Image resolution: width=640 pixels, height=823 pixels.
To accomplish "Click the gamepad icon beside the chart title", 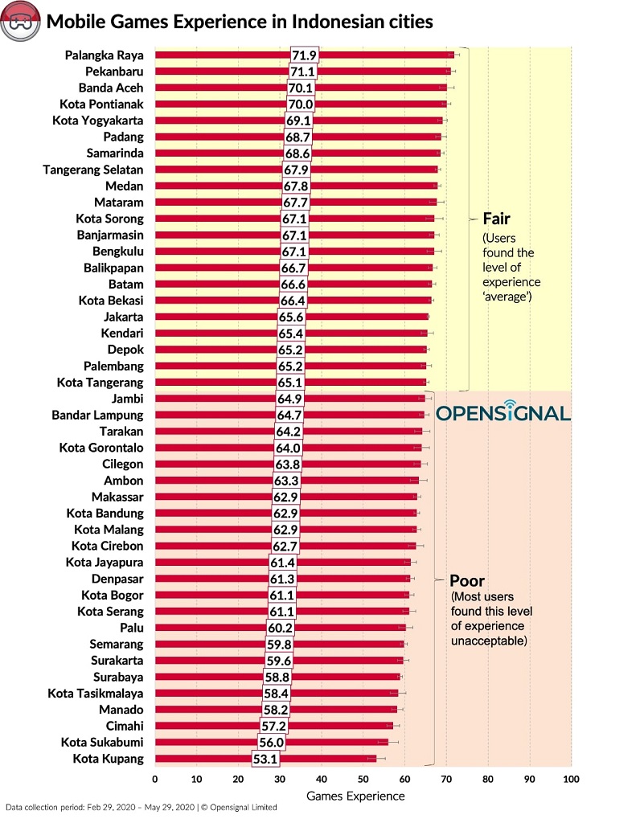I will click(18, 22).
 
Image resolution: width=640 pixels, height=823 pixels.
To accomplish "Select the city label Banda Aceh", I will click(111, 88).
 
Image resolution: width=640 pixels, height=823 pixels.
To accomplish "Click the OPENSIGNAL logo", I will click(503, 414).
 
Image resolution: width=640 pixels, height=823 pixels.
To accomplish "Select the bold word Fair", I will click(496, 218).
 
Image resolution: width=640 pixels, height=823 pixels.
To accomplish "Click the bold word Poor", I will click(466, 580).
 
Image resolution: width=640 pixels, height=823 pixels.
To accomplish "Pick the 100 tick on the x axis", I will click(571, 779).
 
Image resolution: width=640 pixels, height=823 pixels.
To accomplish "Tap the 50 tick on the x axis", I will click(363, 779).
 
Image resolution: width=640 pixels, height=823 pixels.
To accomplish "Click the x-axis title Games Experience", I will click(355, 796).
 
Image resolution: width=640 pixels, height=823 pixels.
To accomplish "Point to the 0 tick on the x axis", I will click(154, 779).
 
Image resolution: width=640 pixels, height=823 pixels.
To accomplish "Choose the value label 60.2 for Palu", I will click(279, 628).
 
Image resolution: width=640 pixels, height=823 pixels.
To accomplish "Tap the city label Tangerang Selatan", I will click(93, 170).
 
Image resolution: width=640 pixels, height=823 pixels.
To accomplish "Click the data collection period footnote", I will click(141, 807).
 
